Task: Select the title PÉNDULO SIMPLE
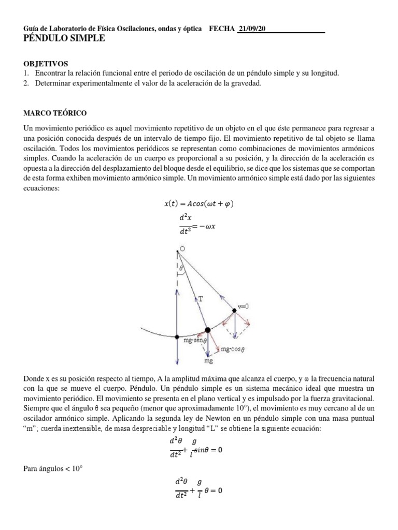(64, 39)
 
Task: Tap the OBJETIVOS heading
(46, 64)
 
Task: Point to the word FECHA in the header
(221, 29)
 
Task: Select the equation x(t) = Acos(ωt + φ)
(198, 203)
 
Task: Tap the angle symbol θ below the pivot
(181, 268)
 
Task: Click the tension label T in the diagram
(200, 299)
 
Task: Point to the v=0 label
(244, 306)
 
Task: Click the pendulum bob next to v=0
(234, 311)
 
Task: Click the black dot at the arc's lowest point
(177, 337)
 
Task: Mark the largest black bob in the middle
(208, 330)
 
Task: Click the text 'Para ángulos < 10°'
(53, 469)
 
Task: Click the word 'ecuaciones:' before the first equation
(42, 189)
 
